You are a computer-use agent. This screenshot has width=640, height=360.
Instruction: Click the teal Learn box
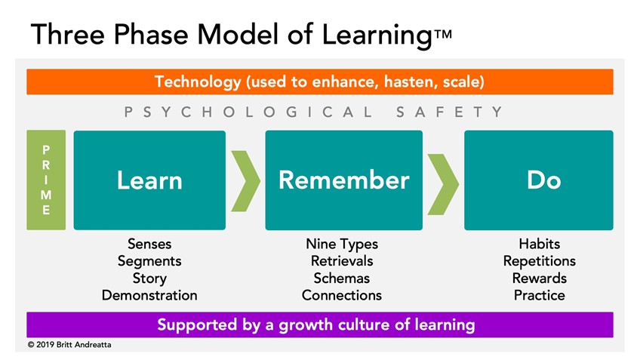[149, 180]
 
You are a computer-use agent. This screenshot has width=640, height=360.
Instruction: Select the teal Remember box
[343, 180]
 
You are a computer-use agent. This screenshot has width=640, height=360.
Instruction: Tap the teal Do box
[538, 180]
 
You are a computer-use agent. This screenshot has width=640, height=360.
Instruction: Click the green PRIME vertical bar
[46, 180]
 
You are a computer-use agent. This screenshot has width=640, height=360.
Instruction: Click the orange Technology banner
[319, 82]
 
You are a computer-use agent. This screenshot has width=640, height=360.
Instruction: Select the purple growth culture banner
[319, 325]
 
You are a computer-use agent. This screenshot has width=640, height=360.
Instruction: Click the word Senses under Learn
[149, 244]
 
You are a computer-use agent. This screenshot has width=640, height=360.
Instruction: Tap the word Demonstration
[149, 295]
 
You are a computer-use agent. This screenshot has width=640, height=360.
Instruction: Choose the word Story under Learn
[149, 278]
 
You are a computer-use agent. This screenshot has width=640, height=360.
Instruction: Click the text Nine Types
[342, 244]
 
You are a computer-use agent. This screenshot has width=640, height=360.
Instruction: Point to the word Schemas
[342, 278]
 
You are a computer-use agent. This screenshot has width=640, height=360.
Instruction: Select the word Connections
[342, 295]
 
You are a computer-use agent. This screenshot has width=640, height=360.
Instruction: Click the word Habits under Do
[539, 244]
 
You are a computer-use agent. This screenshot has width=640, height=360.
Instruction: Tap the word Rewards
[539, 278]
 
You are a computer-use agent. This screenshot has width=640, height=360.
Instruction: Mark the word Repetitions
[539, 261]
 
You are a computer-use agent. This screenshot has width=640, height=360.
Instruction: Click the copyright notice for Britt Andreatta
[69, 344]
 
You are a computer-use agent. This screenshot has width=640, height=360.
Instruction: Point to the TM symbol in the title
[443, 34]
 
